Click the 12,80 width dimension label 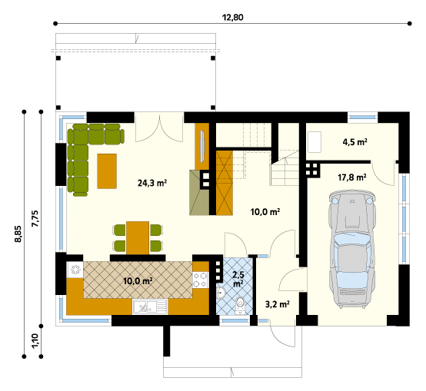click(232, 18)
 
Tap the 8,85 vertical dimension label click(18, 234)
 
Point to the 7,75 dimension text click(35, 219)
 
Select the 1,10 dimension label click(35, 341)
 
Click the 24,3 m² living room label click(152, 183)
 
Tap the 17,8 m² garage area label click(352, 177)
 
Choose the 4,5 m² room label click(354, 142)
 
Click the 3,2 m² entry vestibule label click(277, 304)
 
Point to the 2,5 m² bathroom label click(238, 279)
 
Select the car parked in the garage click(352, 249)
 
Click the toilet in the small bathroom click(240, 306)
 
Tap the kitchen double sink click(150, 307)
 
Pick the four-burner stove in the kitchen click(201, 280)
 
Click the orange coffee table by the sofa click(107, 171)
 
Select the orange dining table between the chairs click(138, 238)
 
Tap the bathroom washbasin click(221, 293)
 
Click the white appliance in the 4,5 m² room click(314, 142)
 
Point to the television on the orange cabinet click(202, 146)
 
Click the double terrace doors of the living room click(159, 127)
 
